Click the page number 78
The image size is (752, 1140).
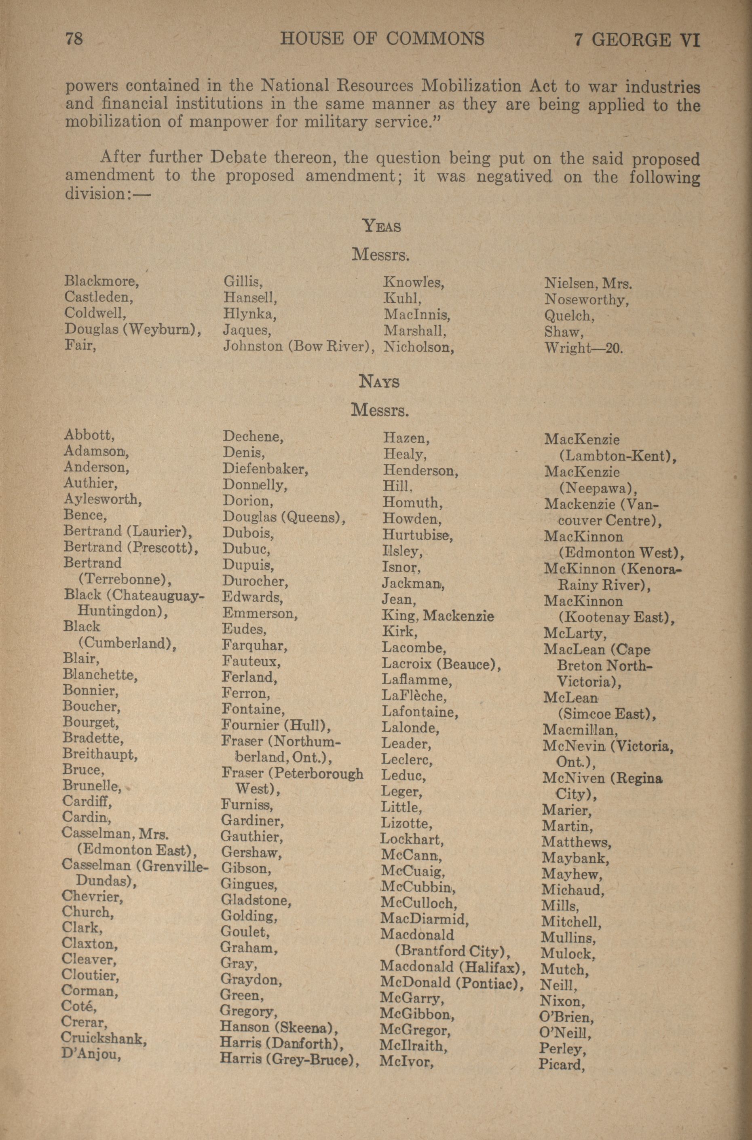(x=74, y=38)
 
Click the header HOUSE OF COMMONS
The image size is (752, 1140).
(x=382, y=38)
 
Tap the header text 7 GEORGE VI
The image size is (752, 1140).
(x=637, y=40)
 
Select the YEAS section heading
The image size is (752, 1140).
(x=381, y=225)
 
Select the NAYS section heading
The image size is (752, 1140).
(x=379, y=382)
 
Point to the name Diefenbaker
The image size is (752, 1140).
(x=265, y=469)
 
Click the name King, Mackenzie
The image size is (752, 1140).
(x=437, y=616)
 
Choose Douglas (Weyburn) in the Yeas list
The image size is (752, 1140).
(x=132, y=330)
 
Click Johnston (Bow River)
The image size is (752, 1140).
(x=298, y=346)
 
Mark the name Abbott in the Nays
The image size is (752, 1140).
(x=88, y=435)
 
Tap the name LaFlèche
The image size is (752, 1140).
(x=414, y=696)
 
